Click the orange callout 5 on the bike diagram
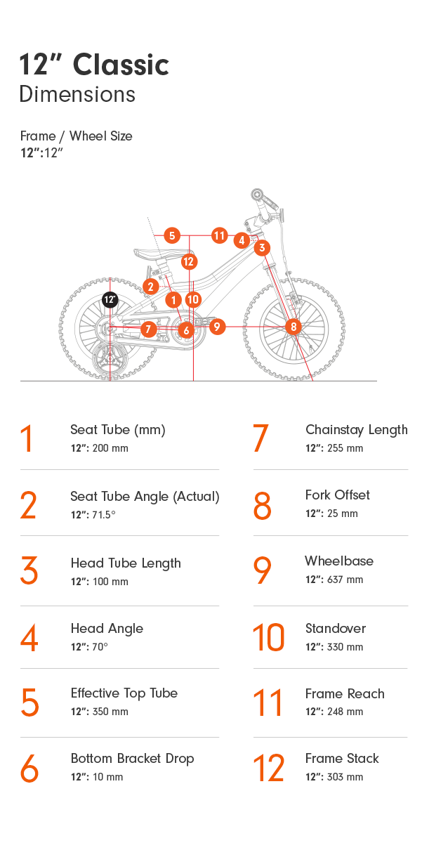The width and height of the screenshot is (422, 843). (x=172, y=235)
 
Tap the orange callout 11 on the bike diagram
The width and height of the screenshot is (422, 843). (x=219, y=235)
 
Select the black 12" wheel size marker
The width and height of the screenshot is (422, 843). (x=110, y=299)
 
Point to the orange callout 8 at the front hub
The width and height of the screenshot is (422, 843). (x=294, y=326)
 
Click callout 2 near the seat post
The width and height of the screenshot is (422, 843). (x=150, y=287)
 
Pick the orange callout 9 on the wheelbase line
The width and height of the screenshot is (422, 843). (x=217, y=326)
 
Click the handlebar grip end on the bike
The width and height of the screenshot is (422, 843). (x=257, y=195)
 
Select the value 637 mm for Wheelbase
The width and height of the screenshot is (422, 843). (x=345, y=580)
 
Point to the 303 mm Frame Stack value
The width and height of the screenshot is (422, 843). (x=345, y=777)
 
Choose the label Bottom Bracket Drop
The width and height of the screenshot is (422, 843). (x=133, y=758)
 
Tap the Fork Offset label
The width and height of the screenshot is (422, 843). (x=337, y=495)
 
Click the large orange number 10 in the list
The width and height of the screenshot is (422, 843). (x=268, y=637)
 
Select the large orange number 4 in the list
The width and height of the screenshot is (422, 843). (x=29, y=638)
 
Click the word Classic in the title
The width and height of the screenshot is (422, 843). (x=121, y=65)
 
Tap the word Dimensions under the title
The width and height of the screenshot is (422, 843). (x=77, y=94)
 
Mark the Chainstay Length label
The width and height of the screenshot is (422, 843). (x=357, y=430)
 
